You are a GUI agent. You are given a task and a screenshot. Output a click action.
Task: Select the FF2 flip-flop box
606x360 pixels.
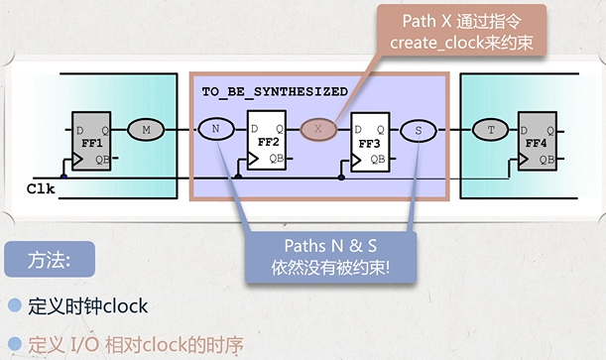[x=267, y=141]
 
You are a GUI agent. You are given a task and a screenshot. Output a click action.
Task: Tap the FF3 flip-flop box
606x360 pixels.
[x=371, y=141]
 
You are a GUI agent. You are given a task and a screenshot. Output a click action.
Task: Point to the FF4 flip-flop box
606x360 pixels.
[x=542, y=141]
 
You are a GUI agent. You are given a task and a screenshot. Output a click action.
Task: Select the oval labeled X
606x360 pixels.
[x=318, y=128]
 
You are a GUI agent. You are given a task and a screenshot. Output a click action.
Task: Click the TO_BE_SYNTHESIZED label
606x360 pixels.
[x=274, y=91]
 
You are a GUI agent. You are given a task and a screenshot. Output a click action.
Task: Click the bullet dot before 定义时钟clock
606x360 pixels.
[x=14, y=306]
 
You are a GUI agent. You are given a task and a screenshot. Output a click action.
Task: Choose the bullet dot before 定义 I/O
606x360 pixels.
[x=14, y=346]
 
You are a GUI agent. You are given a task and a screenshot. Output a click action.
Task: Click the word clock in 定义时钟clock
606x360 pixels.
[x=126, y=306]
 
